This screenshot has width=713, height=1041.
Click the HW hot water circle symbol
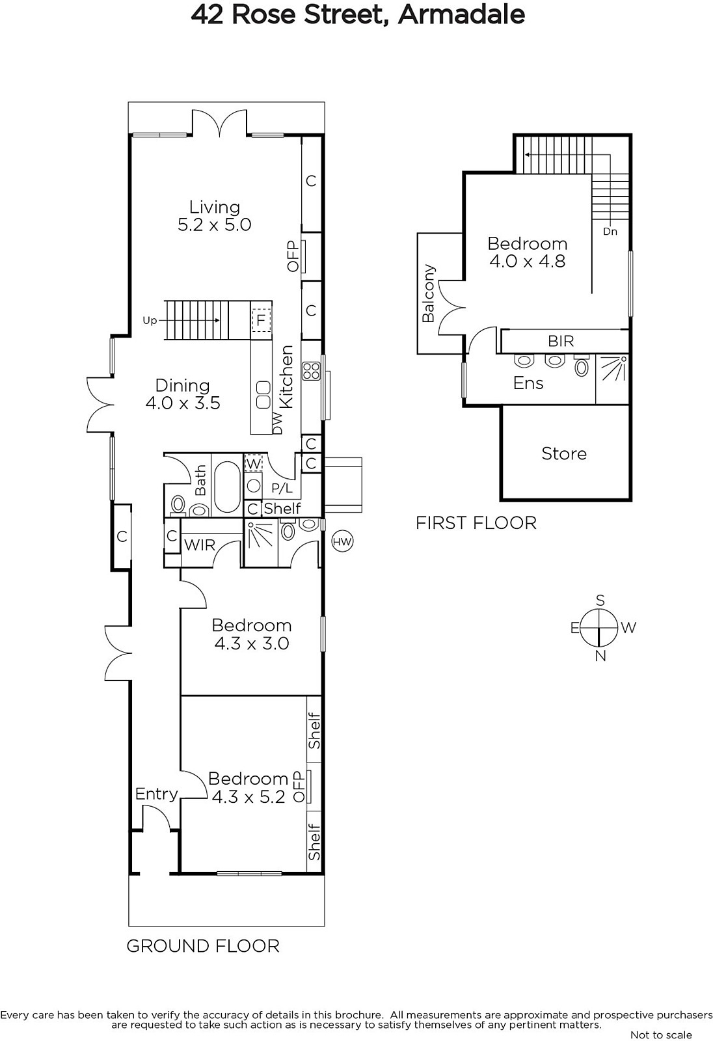pyautogui.click(x=342, y=541)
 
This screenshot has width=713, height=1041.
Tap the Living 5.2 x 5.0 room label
pyautogui.click(x=214, y=215)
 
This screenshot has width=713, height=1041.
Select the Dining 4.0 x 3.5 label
pyautogui.click(x=183, y=394)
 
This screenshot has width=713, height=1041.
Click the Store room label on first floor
pyautogui.click(x=564, y=453)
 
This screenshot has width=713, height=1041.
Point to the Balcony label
pyautogui.click(x=428, y=293)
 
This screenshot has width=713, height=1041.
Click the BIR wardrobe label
pyautogui.click(x=561, y=341)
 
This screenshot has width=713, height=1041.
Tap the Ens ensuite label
pyautogui.click(x=528, y=383)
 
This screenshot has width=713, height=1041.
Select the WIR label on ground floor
pyautogui.click(x=200, y=545)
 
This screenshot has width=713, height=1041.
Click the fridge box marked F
pyautogui.click(x=261, y=320)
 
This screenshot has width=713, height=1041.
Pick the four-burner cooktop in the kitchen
pyautogui.click(x=311, y=372)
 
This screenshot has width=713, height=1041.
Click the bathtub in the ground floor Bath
pyautogui.click(x=227, y=487)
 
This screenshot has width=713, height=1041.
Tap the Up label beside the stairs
pyautogui.click(x=150, y=321)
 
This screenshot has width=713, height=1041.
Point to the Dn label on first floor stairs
pyautogui.click(x=610, y=231)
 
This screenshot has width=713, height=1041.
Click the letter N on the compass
pyautogui.click(x=600, y=656)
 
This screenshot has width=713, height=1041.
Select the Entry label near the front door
pyautogui.click(x=157, y=794)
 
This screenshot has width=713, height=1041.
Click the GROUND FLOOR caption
pyautogui.click(x=203, y=946)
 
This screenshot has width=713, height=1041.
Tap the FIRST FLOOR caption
pyautogui.click(x=476, y=523)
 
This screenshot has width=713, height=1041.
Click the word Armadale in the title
pyautogui.click(x=461, y=14)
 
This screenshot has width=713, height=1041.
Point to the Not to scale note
pyautogui.click(x=661, y=1034)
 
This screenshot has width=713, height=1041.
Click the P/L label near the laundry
pyautogui.click(x=282, y=488)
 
